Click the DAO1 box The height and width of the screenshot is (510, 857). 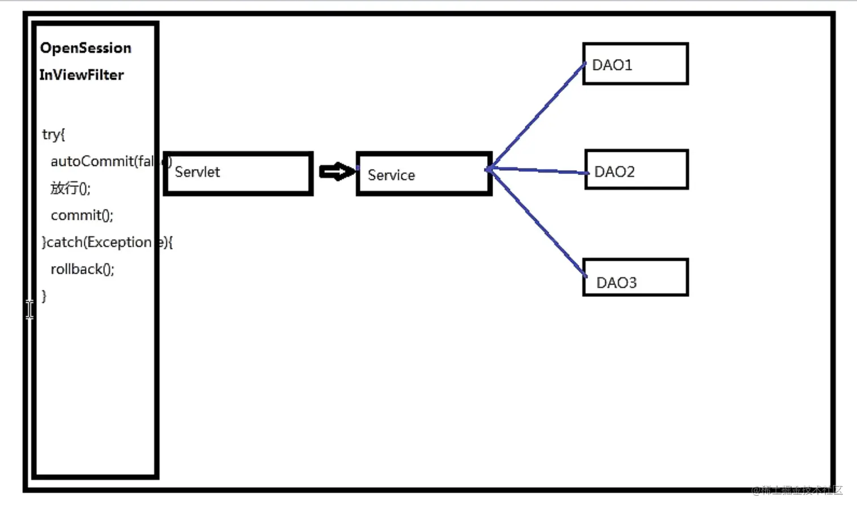[x=635, y=64]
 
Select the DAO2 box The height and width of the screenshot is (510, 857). [x=636, y=170]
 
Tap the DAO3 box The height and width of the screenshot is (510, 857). [x=635, y=278]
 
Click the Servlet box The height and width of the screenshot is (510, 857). [x=238, y=173]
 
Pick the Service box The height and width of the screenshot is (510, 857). [x=424, y=174]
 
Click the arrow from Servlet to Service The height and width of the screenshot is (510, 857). [x=337, y=172]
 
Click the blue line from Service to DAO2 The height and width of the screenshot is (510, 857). [x=538, y=170]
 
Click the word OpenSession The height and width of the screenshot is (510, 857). [x=86, y=48]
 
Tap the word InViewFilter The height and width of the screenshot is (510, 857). [x=82, y=75]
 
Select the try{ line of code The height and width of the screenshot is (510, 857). [x=53, y=134]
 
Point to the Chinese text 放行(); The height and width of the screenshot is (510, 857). [x=70, y=188]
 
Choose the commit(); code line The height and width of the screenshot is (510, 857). [x=82, y=215]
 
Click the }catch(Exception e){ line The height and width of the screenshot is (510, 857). [x=107, y=243]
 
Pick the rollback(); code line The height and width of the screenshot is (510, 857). [x=82, y=269]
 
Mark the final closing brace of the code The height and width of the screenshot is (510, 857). [x=44, y=295]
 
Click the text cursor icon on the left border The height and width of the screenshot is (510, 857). [x=29, y=309]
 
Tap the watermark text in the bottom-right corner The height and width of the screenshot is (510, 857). [x=796, y=490]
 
